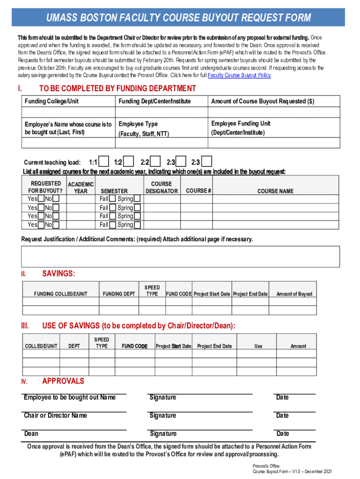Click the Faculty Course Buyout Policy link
click(239, 75)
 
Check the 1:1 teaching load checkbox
click(105, 162)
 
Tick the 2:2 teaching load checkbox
click(156, 162)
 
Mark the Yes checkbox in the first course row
click(41, 199)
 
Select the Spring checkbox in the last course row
click(137, 225)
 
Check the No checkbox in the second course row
click(56, 208)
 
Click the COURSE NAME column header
click(275, 191)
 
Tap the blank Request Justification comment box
click(180, 255)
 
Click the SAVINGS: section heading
click(59, 273)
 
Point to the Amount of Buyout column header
click(294, 294)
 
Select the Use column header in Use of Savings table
click(258, 346)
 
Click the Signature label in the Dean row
click(163, 434)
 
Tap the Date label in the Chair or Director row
click(282, 415)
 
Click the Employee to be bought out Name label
click(70, 398)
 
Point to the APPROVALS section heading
click(63, 381)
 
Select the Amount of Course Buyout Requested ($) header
click(262, 101)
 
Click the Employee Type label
click(138, 124)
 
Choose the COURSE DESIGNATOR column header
click(161, 188)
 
